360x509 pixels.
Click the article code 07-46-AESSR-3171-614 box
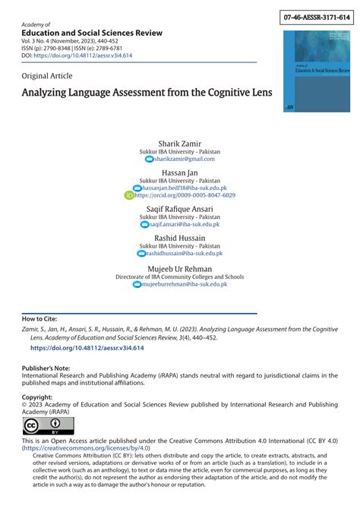pos(316,16)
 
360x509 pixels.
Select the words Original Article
pos(48,76)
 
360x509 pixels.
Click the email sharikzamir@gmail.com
pos(185,159)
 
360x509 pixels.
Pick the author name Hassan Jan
pos(180,173)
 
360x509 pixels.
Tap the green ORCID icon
pos(128,195)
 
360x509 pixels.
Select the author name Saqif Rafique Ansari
pos(180,209)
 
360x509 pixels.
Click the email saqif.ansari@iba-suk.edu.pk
pos(185,225)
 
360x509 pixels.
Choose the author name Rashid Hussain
pos(180,239)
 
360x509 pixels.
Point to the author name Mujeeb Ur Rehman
pos(180,268)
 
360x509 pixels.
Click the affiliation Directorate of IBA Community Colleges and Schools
pos(180,277)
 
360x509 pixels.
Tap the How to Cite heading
pos(39,319)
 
